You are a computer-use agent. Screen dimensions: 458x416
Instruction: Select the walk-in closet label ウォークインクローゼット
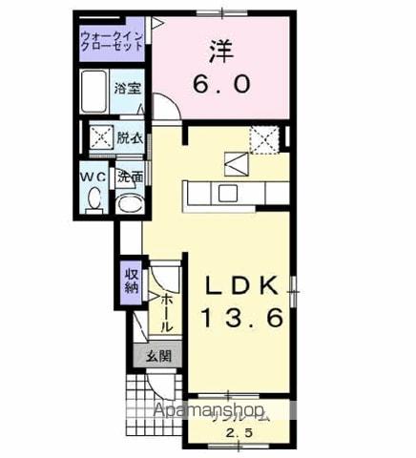tap(113, 43)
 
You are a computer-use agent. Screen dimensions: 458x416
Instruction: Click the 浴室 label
tap(129, 88)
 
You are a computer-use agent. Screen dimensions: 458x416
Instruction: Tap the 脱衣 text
tap(130, 138)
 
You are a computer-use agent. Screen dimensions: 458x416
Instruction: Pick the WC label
tap(94, 177)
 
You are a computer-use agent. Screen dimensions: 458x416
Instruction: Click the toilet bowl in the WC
tap(94, 199)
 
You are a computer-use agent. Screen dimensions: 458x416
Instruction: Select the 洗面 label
tap(130, 177)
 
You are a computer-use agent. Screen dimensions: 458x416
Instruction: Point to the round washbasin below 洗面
tap(129, 202)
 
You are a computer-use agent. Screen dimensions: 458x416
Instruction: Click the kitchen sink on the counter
tap(228, 194)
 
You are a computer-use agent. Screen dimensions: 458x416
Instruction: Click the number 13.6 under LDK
tap(240, 320)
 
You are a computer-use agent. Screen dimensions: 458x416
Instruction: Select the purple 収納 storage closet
tap(131, 280)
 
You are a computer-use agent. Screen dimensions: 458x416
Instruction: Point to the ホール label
tap(167, 310)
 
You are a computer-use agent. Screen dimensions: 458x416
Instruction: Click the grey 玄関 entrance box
tap(158, 357)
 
